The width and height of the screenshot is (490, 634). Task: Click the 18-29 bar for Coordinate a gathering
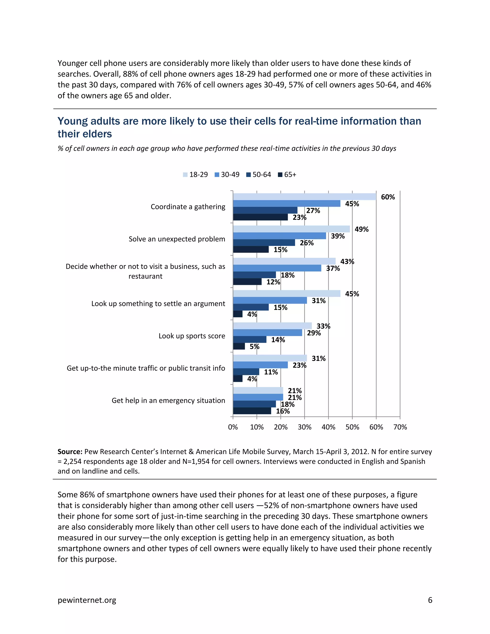coord(304,196)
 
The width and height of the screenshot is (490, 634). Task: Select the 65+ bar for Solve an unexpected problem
coord(251,249)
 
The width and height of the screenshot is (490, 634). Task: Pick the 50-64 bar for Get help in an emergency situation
coord(254,404)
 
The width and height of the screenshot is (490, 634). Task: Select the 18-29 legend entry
coord(195,174)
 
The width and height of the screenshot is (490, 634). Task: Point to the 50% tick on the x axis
coord(352,427)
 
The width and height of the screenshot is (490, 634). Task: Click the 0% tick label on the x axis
coord(233,427)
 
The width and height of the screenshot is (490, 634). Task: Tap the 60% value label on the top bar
coord(388,197)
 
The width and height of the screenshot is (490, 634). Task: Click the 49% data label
coord(362,229)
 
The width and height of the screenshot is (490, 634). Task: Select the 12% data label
coord(273,282)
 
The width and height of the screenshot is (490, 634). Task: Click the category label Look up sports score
coord(192,336)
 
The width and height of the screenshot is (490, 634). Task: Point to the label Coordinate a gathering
coord(188,207)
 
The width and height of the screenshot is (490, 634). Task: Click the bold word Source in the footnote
coord(70,452)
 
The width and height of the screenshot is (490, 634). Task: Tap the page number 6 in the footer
coord(430,600)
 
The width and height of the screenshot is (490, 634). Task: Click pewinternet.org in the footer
coord(87,600)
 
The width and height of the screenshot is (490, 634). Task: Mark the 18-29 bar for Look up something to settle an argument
coord(286,294)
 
